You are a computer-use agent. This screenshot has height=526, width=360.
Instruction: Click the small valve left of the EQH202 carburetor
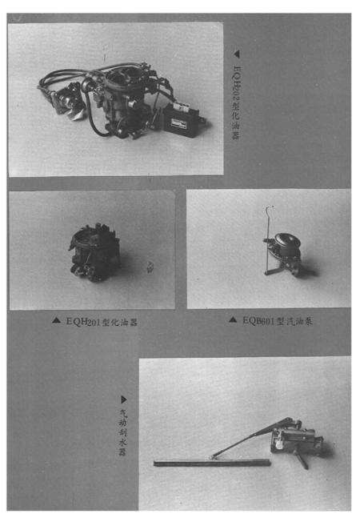64,99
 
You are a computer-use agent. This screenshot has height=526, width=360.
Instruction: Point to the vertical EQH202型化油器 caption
237,100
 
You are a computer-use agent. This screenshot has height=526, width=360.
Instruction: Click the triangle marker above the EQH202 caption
236,55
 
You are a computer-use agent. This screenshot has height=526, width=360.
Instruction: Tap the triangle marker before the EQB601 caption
233,320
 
